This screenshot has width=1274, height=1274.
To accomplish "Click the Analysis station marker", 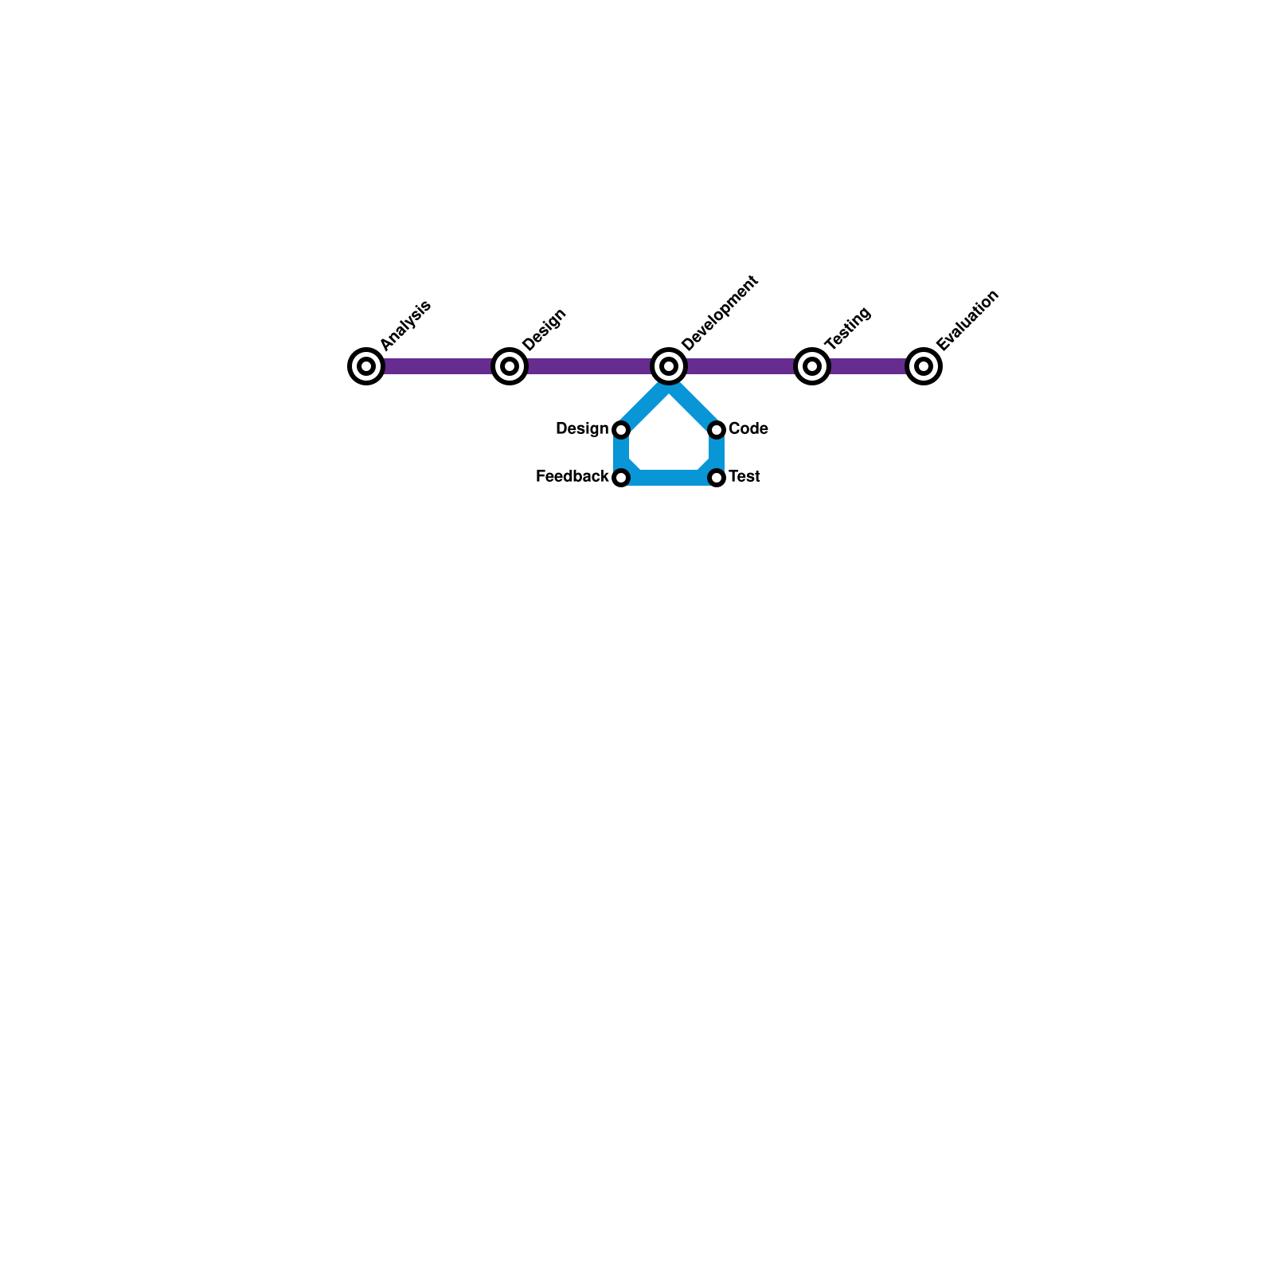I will (x=366, y=366).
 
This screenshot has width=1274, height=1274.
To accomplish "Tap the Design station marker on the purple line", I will (x=510, y=366).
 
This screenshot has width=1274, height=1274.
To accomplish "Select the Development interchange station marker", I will (x=669, y=366).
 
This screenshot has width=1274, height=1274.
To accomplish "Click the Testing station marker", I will (x=812, y=366).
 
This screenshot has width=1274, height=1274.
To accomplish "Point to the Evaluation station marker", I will (x=924, y=366).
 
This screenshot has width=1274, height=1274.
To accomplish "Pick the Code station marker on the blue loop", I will (x=717, y=430).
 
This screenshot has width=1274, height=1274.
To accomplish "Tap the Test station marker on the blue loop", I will (x=717, y=478).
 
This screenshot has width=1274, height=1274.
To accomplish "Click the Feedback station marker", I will (x=621, y=478).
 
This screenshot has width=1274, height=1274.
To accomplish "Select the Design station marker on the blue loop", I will (x=621, y=430).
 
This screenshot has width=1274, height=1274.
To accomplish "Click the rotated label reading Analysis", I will (x=405, y=325).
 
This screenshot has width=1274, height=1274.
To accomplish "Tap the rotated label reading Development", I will (x=720, y=313).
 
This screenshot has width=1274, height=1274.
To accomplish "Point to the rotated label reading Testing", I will (x=848, y=328).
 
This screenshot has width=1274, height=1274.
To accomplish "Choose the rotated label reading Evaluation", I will (x=967, y=320).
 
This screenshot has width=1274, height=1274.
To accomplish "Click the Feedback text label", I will (x=572, y=477).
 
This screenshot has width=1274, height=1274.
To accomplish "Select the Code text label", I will (x=748, y=429).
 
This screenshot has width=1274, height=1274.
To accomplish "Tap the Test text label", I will (x=744, y=477).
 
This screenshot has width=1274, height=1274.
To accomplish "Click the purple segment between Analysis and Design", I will (x=438, y=366).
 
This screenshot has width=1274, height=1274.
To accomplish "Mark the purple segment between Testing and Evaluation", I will (x=868, y=366).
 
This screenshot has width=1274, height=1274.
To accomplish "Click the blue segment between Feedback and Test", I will (x=669, y=478).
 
